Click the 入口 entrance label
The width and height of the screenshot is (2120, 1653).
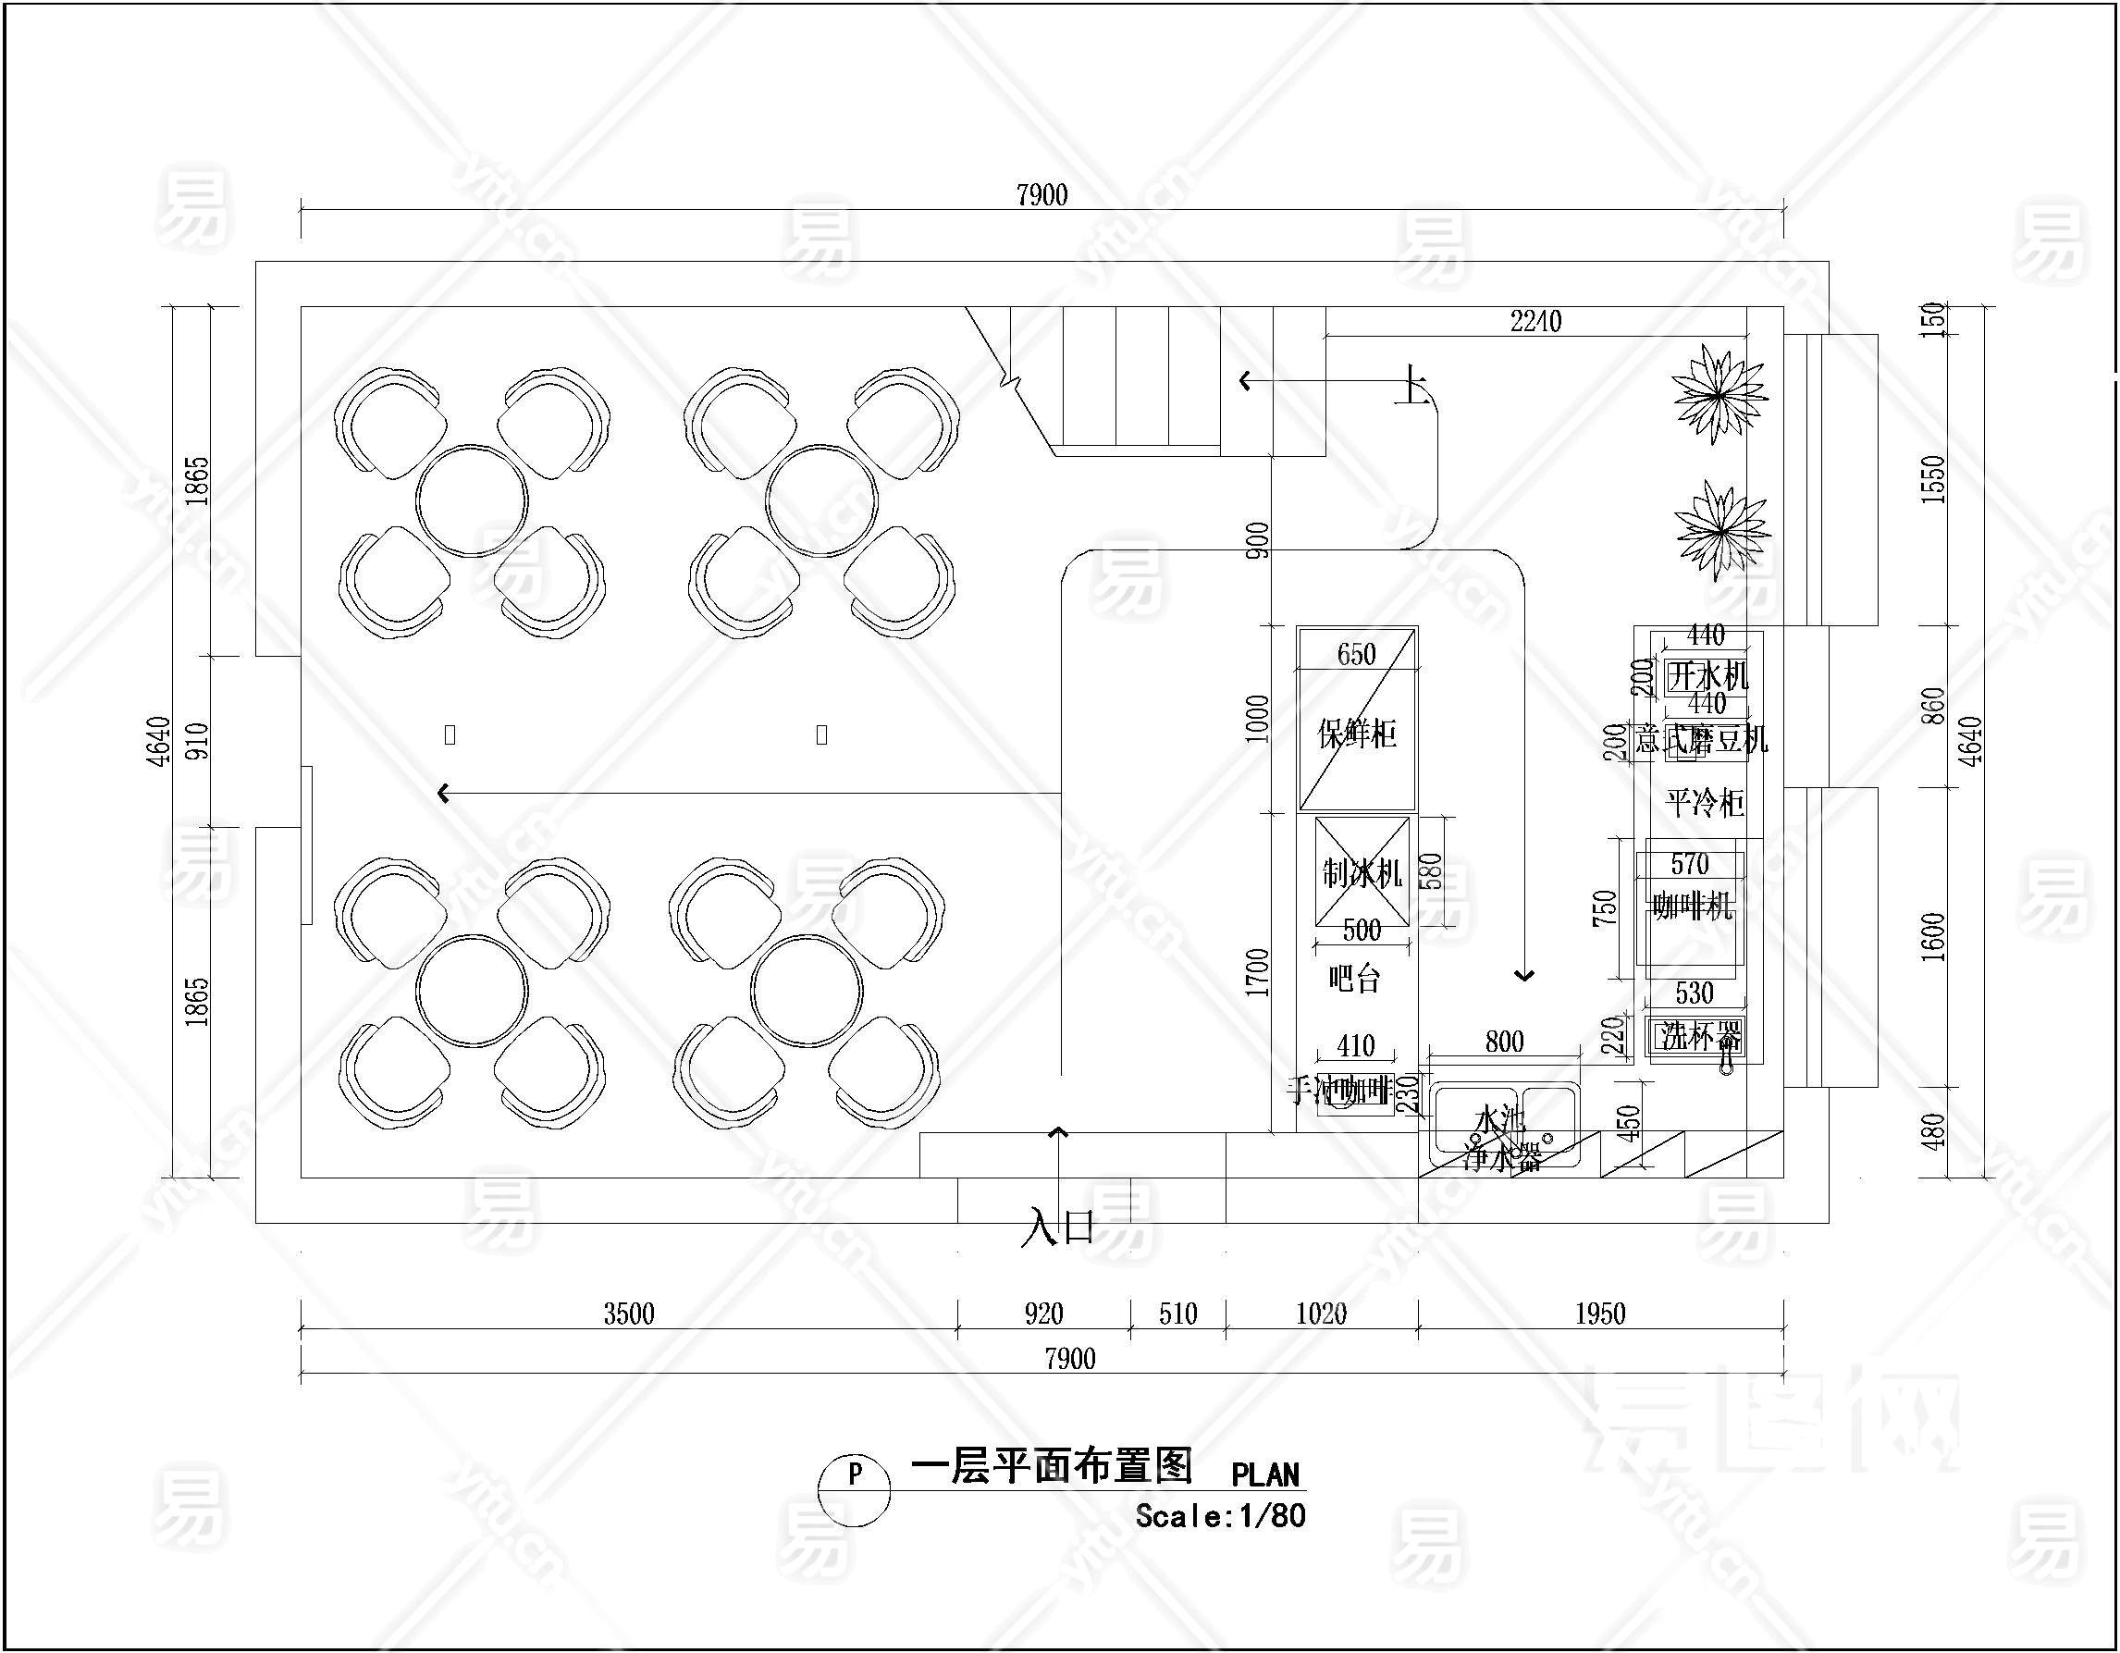pos(1057,1227)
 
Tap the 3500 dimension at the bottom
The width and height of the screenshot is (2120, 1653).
pos(629,1314)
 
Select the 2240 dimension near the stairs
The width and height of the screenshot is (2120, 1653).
pos(1535,321)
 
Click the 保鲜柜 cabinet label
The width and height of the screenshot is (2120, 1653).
pos(1356,733)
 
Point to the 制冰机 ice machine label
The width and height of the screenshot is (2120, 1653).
pos(1361,873)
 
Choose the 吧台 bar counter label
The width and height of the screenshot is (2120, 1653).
pos(1353,979)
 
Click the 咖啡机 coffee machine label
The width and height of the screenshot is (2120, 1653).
pos(1692,907)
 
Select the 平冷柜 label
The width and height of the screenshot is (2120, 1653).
pos(1705,803)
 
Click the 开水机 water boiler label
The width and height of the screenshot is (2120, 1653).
pos(1707,675)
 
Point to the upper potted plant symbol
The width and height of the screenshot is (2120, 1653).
pos(1719,393)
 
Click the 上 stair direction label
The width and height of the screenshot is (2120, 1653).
pos(1411,386)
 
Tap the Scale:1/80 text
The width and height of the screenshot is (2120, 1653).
pos(1220,1516)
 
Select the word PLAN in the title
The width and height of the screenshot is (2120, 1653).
pos(1264,1475)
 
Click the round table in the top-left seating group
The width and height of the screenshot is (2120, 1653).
pos(472,500)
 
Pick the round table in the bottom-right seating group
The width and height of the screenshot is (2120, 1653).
pos(807,991)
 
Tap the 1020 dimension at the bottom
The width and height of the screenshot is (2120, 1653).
pos(1321,1314)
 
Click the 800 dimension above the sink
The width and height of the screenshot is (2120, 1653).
pos(1504,1042)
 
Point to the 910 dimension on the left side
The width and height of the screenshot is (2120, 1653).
pos(196,742)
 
